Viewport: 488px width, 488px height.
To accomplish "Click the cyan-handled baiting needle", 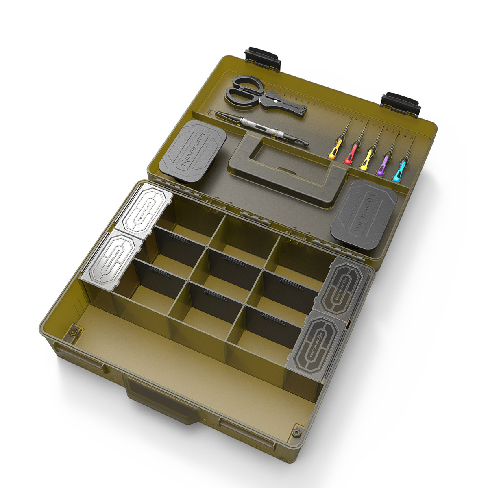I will (x=399, y=171).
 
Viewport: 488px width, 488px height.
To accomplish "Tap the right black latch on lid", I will (x=401, y=102).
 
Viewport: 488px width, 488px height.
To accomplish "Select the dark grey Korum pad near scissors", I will (x=192, y=150).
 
